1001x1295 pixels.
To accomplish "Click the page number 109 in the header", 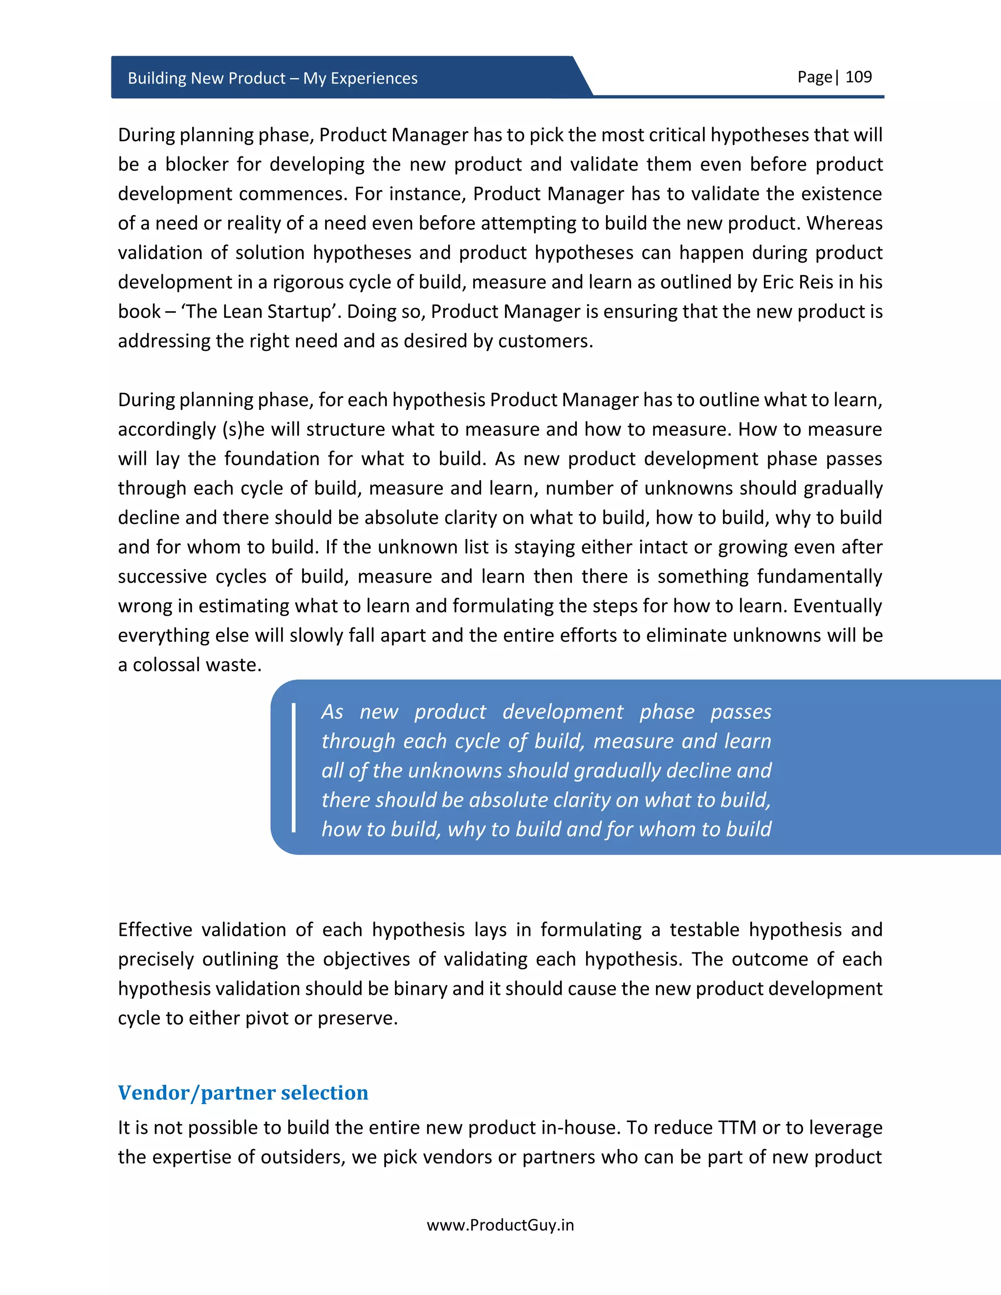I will tap(858, 77).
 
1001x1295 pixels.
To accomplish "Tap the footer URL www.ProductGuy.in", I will tap(500, 1225).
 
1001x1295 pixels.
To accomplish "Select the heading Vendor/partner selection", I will tap(243, 1092).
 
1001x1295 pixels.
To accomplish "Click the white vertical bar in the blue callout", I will tap(294, 767).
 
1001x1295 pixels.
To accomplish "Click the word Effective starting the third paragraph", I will tap(155, 930).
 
